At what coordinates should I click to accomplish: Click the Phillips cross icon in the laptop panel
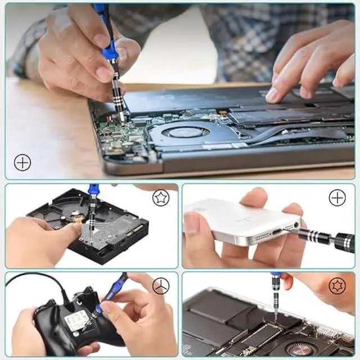[22, 163]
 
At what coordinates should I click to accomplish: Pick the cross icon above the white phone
[337, 198]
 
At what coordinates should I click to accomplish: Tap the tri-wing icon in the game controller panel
[161, 286]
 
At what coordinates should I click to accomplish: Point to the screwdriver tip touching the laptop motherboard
[120, 119]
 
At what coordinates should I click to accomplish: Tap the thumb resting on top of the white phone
[253, 197]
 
